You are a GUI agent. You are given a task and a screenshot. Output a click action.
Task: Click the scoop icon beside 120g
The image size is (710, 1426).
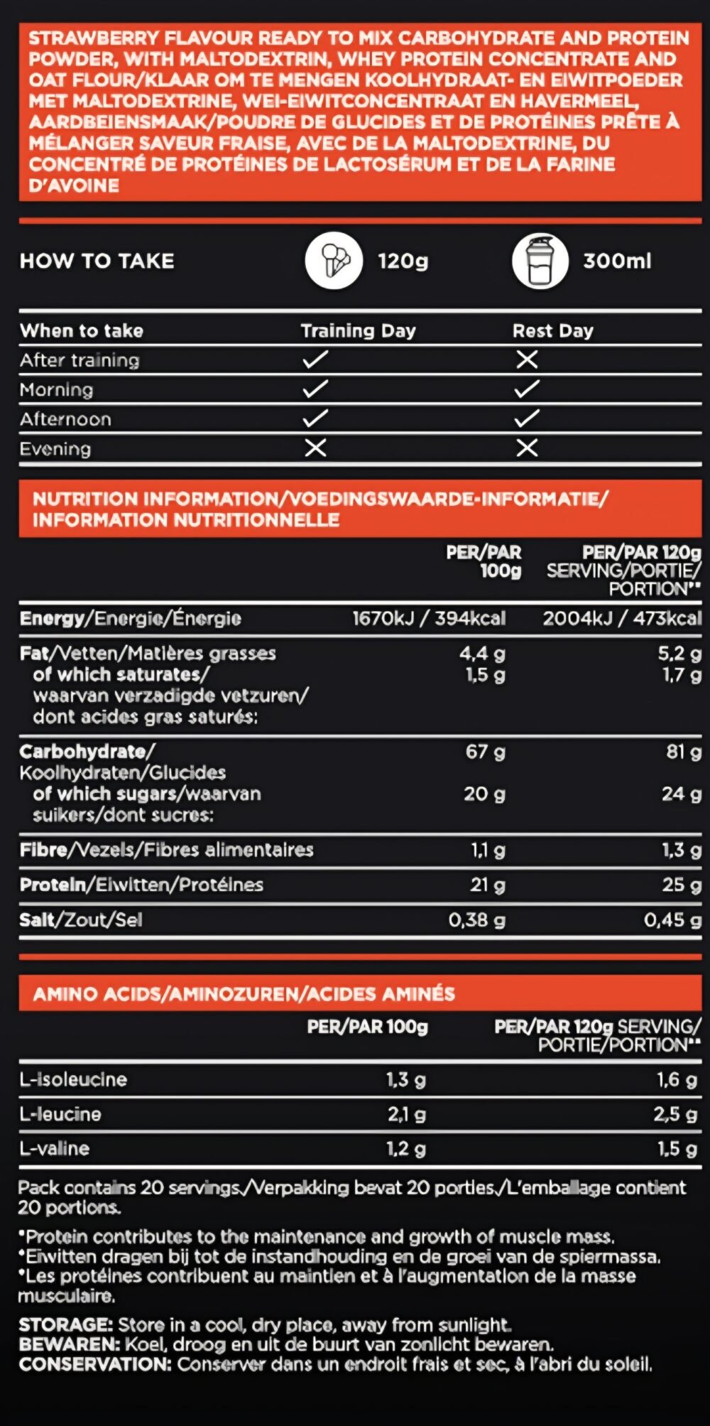coord(334,261)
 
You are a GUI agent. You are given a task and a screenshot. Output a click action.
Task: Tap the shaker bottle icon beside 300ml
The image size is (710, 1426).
coord(540,261)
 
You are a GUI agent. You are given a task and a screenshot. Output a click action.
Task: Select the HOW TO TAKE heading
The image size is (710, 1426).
coord(97,261)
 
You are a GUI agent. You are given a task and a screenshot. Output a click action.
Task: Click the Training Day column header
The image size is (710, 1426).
coord(358,330)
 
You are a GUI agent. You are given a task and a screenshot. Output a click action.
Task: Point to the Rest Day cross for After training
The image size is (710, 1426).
coord(527,360)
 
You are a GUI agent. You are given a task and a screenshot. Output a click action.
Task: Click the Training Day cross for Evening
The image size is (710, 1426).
coord(315,448)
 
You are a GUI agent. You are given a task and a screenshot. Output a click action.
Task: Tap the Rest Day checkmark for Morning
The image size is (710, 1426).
coord(527,389)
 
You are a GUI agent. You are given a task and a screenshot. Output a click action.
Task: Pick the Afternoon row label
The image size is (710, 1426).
coord(65,419)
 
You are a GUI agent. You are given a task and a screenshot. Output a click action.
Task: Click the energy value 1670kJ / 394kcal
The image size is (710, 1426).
coord(429,618)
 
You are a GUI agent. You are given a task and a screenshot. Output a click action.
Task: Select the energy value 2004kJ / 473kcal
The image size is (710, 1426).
coord(622,618)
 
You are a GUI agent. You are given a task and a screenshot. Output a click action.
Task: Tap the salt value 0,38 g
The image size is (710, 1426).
coord(476,920)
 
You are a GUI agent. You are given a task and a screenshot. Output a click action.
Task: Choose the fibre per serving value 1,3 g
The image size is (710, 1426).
coord(682,850)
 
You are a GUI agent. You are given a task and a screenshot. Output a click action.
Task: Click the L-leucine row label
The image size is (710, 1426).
coord(60,1114)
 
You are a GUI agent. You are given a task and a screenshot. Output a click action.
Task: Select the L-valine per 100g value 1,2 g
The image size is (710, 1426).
coord(406,1148)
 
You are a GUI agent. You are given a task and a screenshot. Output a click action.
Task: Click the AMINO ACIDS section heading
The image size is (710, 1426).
coord(244,993)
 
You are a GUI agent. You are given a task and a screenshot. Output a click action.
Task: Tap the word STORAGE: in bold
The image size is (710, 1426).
coord(65,1324)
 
